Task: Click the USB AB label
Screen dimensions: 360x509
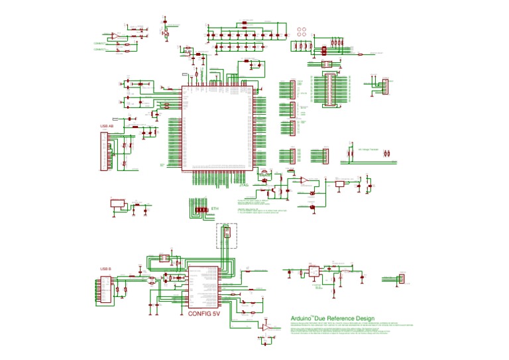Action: (x=107, y=125)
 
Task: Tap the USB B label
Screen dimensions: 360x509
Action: (x=105, y=269)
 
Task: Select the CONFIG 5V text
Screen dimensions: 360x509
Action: (x=203, y=314)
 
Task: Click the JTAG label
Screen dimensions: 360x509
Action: (x=243, y=186)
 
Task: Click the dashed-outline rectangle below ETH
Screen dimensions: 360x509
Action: (x=227, y=235)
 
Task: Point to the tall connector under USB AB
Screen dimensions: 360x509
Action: (x=103, y=152)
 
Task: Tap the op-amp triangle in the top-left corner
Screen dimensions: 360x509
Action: (x=115, y=35)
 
